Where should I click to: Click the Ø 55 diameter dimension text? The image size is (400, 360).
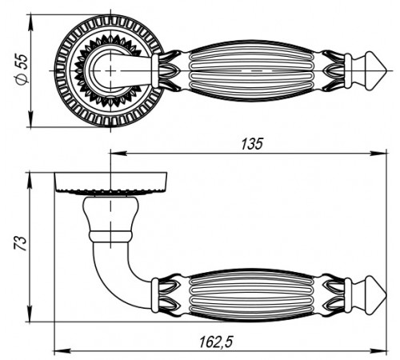click(x=22, y=70)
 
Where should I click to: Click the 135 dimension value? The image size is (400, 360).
click(x=252, y=144)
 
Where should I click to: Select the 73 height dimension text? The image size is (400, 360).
click(x=21, y=243)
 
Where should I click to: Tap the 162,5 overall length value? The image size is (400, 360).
click(x=216, y=342)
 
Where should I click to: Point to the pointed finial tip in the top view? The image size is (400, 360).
click(x=386, y=70)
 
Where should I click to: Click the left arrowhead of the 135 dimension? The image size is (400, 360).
click(x=118, y=154)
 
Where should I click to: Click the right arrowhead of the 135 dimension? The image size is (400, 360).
click(x=378, y=154)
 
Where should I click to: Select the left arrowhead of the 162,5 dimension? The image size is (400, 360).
click(x=62, y=350)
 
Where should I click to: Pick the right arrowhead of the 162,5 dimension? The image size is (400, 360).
click(x=378, y=350)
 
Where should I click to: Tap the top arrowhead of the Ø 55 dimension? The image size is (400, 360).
click(x=31, y=22)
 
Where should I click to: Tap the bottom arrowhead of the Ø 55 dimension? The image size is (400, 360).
click(x=31, y=119)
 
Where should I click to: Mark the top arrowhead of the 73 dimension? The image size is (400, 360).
click(x=30, y=181)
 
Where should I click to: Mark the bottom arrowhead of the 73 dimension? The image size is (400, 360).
click(x=30, y=314)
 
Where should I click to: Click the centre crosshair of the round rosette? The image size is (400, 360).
click(x=110, y=70)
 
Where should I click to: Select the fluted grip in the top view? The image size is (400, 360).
click(x=251, y=70)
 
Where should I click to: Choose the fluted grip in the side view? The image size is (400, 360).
click(x=251, y=295)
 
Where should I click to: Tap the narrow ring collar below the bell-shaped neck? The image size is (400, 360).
click(x=110, y=236)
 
